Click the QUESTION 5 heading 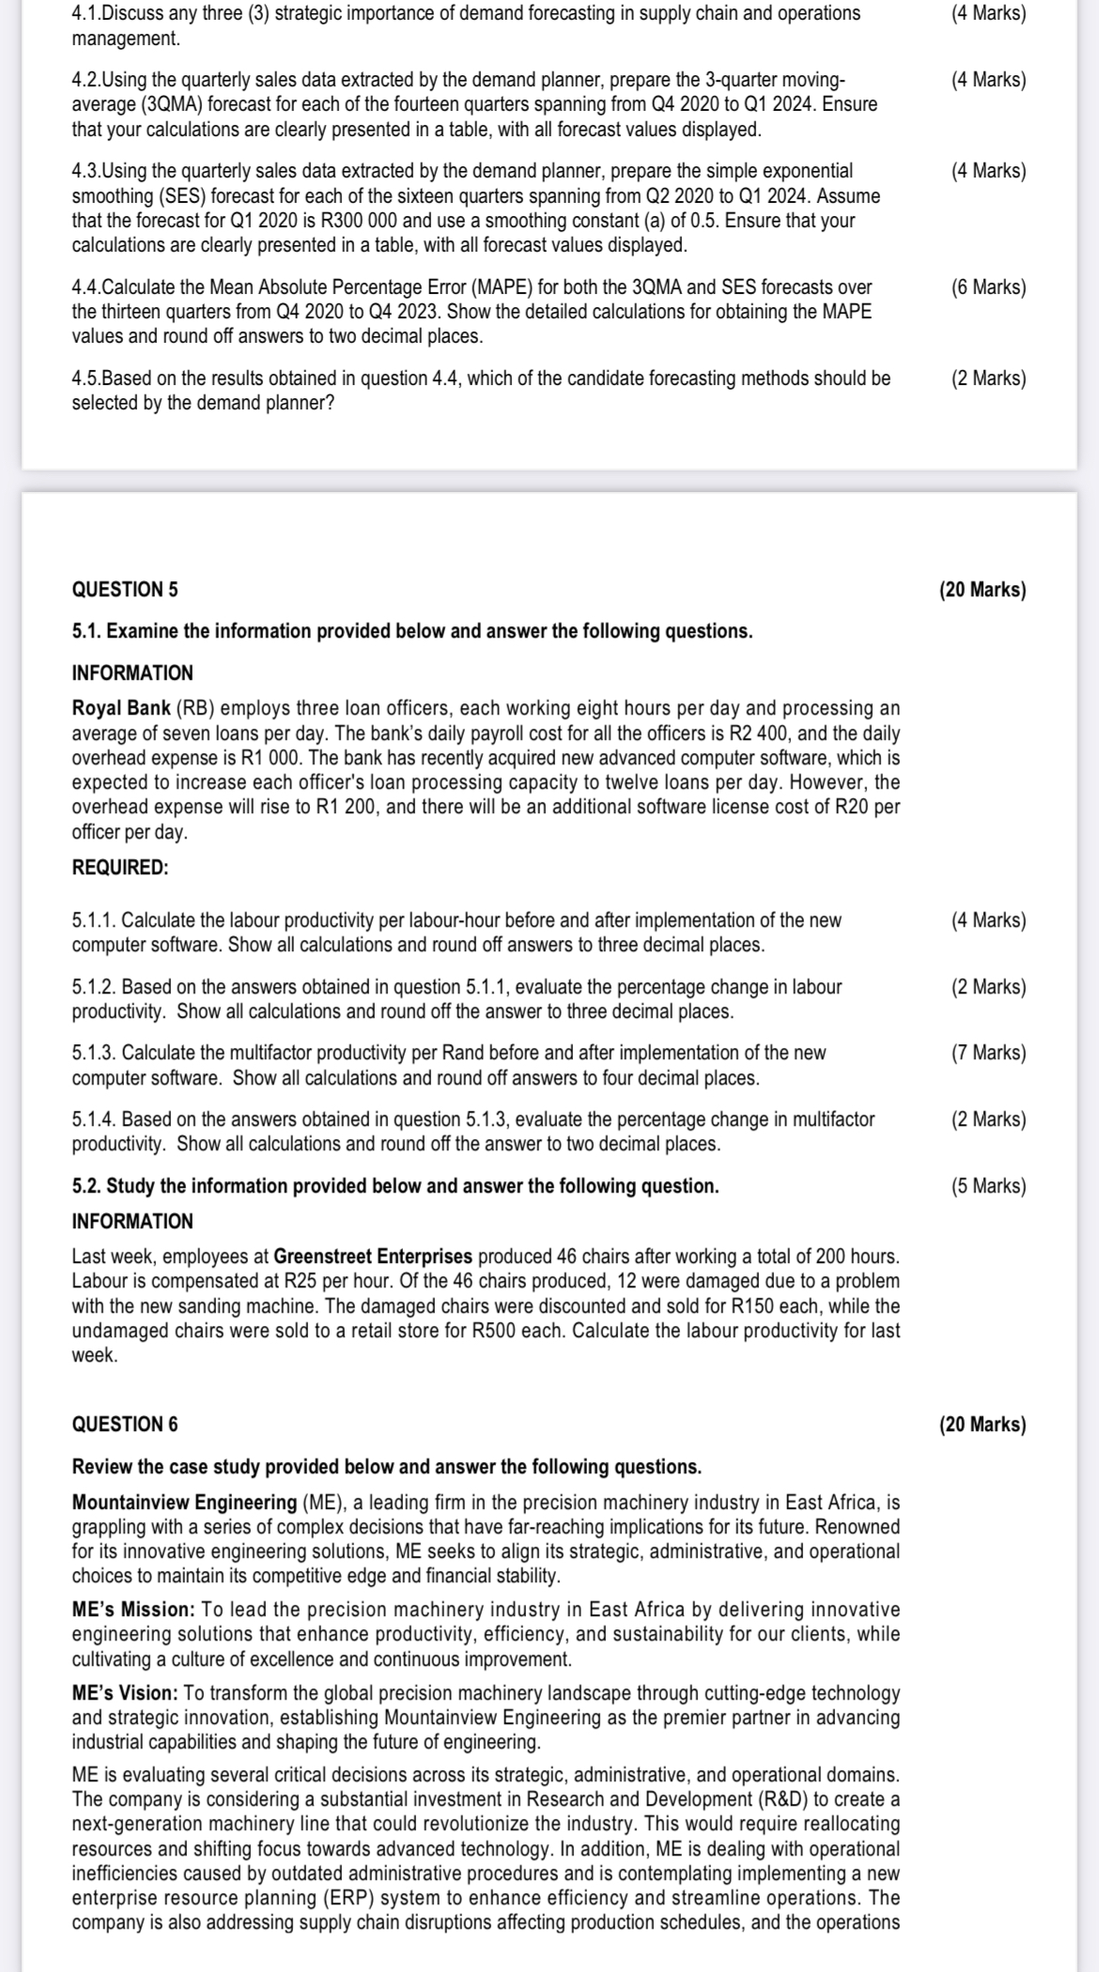coord(125,590)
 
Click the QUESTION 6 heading coord(125,1425)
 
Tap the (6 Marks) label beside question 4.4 coord(988,287)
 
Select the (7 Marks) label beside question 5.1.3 coord(988,1053)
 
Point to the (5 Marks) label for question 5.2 coord(988,1186)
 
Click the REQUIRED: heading coord(120,868)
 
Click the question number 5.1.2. coord(94,987)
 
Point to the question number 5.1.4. coord(94,1119)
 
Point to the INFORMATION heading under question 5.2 coord(132,1222)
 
